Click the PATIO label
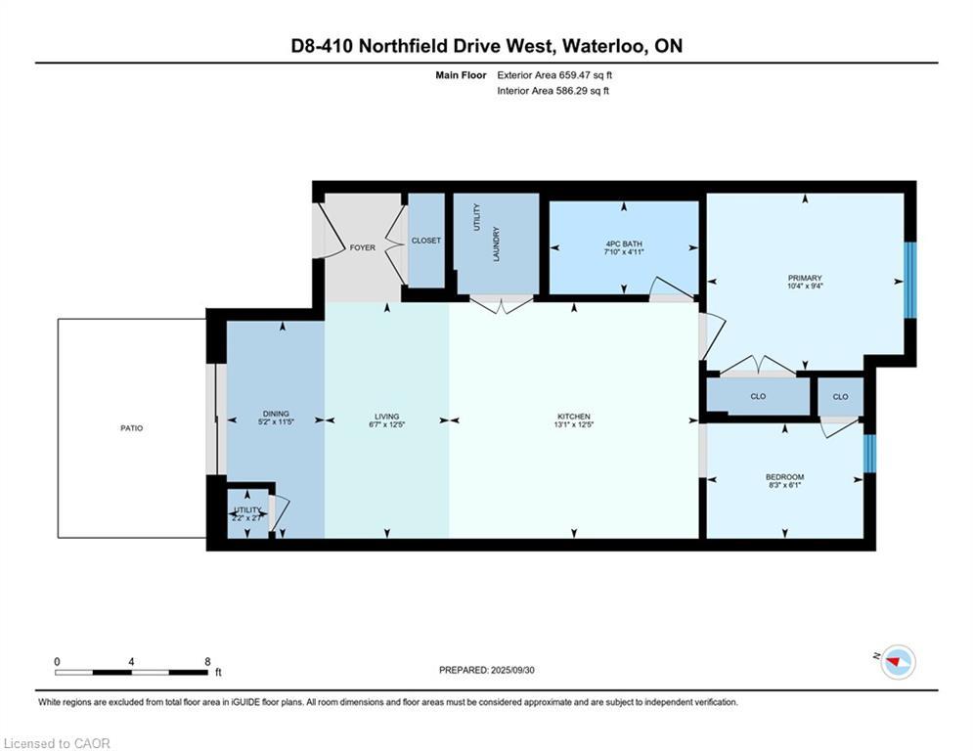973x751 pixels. tap(131, 428)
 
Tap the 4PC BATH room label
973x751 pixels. tap(624, 243)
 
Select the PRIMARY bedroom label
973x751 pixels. tap(805, 278)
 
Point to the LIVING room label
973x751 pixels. tap(386, 417)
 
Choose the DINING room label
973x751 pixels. tap(276, 414)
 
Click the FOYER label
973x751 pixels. tap(362, 247)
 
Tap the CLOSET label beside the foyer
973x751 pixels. tap(426, 241)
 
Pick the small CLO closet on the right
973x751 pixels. tap(840, 397)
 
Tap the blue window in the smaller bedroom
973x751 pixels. tap(869, 454)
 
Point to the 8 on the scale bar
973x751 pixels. tap(207, 661)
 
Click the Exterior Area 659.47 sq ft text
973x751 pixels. tap(554, 74)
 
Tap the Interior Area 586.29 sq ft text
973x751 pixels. tap(553, 91)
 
